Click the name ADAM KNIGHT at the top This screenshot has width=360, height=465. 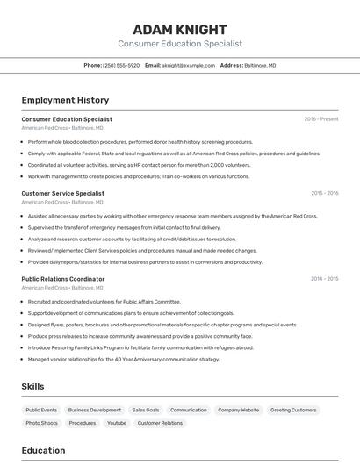pyautogui.click(x=179, y=29)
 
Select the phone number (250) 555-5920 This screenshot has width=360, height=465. pyautogui.click(x=121, y=65)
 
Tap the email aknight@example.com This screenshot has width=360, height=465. pyautogui.click(x=189, y=65)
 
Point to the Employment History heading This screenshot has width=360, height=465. pyautogui.click(x=65, y=100)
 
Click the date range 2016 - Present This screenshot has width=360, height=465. pyautogui.click(x=321, y=119)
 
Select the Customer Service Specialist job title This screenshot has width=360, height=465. pyautogui.click(x=62, y=193)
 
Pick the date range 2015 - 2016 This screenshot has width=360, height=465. pyautogui.click(x=324, y=193)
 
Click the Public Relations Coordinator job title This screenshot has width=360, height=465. pyautogui.click(x=63, y=279)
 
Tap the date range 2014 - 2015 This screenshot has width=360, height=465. pyautogui.click(x=324, y=279)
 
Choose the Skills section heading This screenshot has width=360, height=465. pyautogui.click(x=33, y=386)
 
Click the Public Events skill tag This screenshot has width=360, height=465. pyautogui.click(x=41, y=410)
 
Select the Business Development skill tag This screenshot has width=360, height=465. pyautogui.click(x=95, y=410)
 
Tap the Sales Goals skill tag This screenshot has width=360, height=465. pyautogui.click(x=146, y=410)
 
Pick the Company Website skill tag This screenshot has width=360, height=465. pyautogui.click(x=238, y=410)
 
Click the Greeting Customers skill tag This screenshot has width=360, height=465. pyautogui.click(x=293, y=410)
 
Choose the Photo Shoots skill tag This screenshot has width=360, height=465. pyautogui.click(x=41, y=423)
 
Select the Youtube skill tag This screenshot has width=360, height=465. pyautogui.click(x=117, y=423)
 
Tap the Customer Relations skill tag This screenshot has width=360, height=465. pyautogui.click(x=160, y=423)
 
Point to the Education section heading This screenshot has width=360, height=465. pyautogui.click(x=43, y=451)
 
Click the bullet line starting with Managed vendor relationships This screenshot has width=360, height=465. pyautogui.click(x=124, y=359)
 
